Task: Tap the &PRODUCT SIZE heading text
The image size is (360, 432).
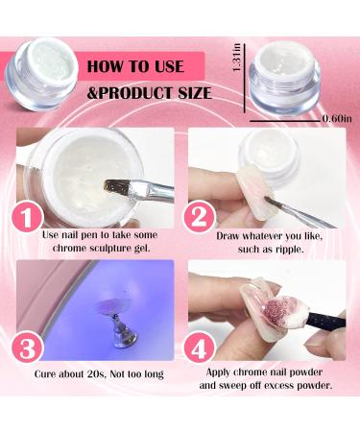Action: [148, 94]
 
